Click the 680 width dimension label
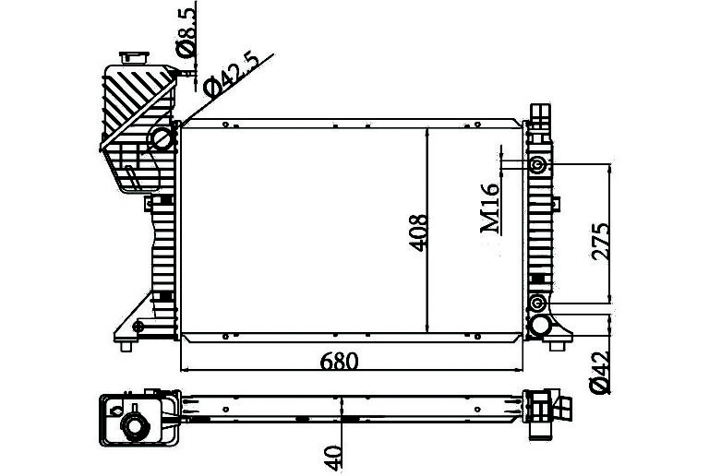point(339,361)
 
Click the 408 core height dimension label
point(418,232)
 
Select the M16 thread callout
point(490,208)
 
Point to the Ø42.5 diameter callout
point(231,76)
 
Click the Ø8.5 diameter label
point(186,30)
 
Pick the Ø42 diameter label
point(600,371)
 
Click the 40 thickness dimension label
point(333,457)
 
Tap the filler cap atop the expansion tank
point(134,58)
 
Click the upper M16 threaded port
point(537,165)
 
